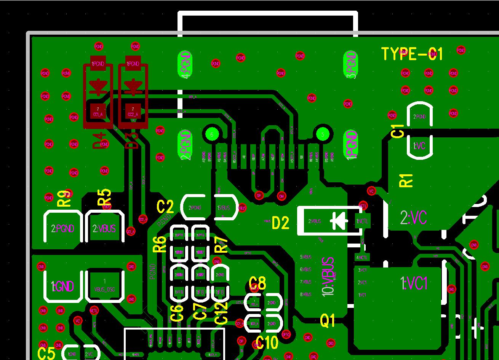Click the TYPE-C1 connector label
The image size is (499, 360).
(x=412, y=54)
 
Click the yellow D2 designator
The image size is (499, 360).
(x=280, y=223)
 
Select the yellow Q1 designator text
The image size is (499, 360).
(x=327, y=321)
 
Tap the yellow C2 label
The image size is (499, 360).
(x=165, y=207)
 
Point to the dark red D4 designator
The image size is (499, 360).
(x=100, y=140)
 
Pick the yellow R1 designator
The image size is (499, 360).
(x=406, y=180)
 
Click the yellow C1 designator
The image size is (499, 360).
(x=398, y=131)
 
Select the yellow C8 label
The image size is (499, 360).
(x=257, y=283)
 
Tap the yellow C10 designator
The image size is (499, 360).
(x=267, y=343)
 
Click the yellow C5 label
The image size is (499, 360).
(x=46, y=353)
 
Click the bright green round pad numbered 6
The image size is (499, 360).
(x=212, y=134)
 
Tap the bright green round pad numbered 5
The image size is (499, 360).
(x=323, y=134)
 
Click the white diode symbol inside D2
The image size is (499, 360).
(x=339, y=221)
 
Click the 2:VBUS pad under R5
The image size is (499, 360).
(x=105, y=229)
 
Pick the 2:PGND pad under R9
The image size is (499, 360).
(x=63, y=229)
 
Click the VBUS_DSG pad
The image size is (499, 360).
(x=104, y=287)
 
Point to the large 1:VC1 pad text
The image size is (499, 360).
(x=414, y=283)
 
